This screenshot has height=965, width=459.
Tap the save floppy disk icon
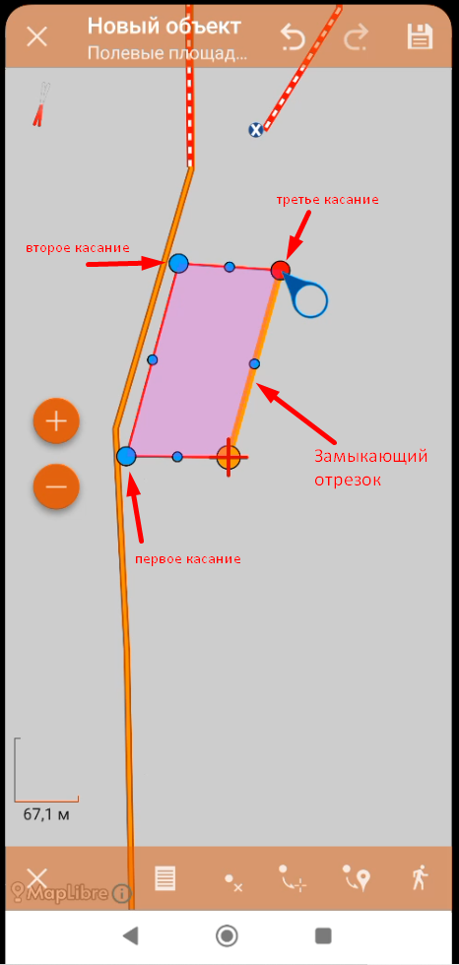(421, 36)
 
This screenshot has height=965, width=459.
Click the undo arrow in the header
(293, 37)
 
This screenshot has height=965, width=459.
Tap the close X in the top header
(37, 36)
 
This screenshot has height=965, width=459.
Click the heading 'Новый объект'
(164, 27)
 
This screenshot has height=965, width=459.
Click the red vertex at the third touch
(280, 270)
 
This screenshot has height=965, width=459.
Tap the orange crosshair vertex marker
(229, 457)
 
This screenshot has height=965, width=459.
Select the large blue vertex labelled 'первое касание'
(126, 457)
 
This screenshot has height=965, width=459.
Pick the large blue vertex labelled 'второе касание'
(178, 264)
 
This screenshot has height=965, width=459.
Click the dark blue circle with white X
(255, 129)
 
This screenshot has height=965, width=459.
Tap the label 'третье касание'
(327, 200)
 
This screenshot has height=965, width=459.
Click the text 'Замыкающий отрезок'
(370, 468)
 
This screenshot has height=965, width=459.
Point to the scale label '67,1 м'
(45, 814)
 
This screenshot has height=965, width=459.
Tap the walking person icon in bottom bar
(421, 877)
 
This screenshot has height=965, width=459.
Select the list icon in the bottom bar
(165, 878)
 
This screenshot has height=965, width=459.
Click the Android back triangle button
(130, 936)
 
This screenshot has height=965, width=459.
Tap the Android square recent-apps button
(323, 936)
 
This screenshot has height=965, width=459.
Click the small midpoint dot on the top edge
(229, 267)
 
